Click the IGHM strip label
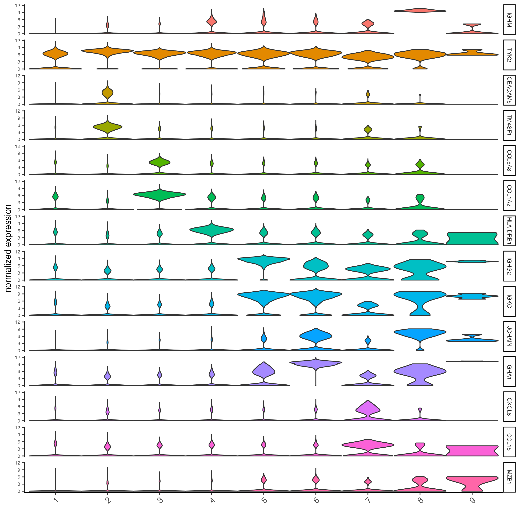click(x=509, y=20)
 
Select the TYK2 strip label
click(x=509, y=55)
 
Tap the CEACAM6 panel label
click(x=509, y=90)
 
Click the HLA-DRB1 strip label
click(x=509, y=231)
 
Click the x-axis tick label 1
click(x=56, y=500)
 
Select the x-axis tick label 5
click(x=264, y=500)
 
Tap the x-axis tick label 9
click(x=472, y=500)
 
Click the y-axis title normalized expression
click(x=8, y=248)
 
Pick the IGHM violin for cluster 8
click(x=420, y=11)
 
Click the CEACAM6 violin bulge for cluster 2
click(x=107, y=93)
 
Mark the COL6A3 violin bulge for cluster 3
click(x=160, y=162)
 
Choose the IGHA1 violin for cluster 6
click(x=316, y=363)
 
